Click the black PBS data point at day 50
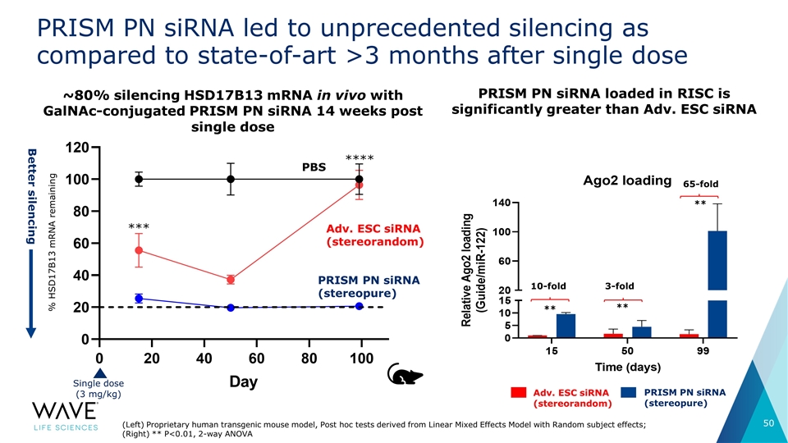[231, 179]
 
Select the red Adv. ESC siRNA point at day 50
[231, 280]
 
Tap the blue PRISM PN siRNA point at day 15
[139, 299]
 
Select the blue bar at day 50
[641, 331]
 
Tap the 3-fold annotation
[620, 286]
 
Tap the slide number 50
[768, 423]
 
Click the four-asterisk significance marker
[360, 158]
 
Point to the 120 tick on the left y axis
[78, 148]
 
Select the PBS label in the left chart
[314, 167]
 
